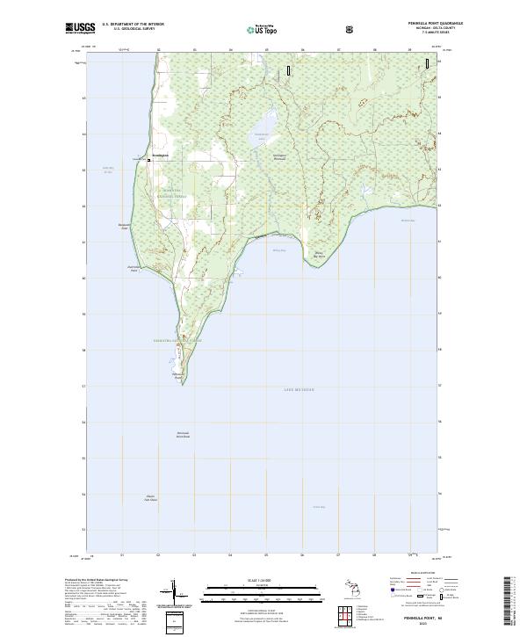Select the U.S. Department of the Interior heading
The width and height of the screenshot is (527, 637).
(133, 25)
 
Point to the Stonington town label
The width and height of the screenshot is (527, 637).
(159, 155)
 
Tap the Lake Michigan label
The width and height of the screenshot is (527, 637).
(298, 388)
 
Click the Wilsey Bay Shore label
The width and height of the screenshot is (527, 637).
(321, 256)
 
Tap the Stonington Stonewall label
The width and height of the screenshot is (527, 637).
(256, 156)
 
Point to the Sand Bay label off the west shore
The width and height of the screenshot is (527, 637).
(109, 170)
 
